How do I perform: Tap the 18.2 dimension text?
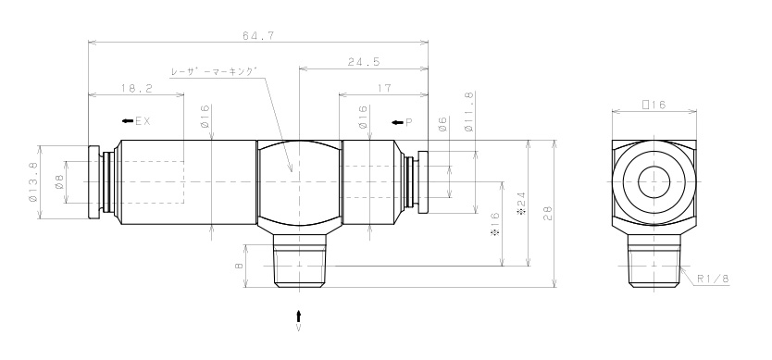[x=136, y=88]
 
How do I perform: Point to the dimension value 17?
[x=385, y=88]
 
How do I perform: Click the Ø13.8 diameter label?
[x=34, y=182]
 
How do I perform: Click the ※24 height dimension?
[x=521, y=203]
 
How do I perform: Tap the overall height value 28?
[x=547, y=214]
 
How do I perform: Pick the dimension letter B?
[x=239, y=265]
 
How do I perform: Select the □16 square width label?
[x=654, y=106]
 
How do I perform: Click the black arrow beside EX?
[x=126, y=120]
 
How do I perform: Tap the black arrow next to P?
[x=396, y=121]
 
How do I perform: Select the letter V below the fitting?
[x=298, y=328]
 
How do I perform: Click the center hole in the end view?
[x=654, y=180]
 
